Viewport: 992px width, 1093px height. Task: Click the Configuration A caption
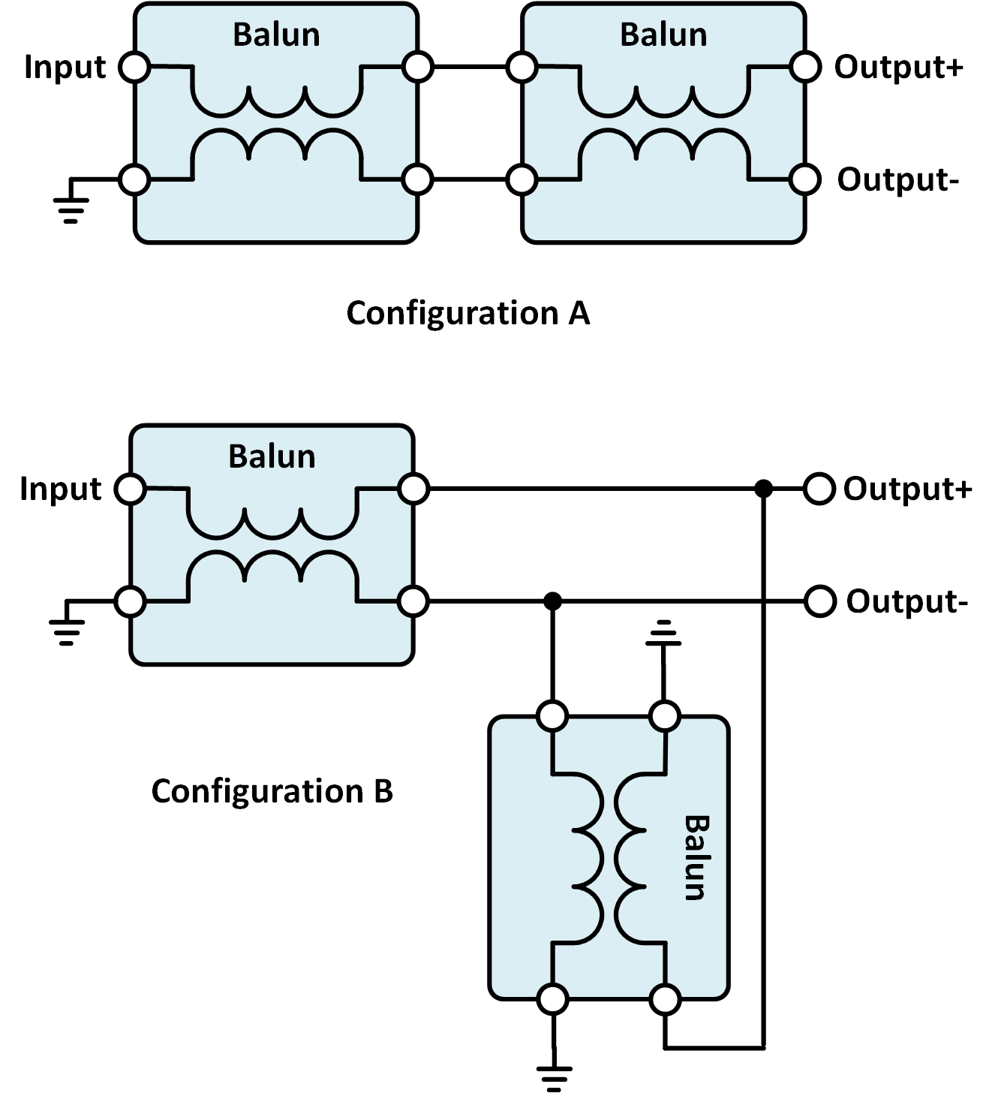[x=468, y=313]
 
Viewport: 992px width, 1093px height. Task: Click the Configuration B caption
[x=272, y=791]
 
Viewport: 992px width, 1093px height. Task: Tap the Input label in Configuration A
[x=65, y=67]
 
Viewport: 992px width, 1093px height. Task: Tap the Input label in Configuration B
[x=60, y=489]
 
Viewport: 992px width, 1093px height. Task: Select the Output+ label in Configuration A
[x=898, y=67]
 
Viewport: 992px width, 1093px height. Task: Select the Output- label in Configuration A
[x=897, y=180]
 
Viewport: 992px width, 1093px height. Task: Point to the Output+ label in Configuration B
[x=907, y=489]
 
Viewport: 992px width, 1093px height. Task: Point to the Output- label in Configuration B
[x=906, y=602]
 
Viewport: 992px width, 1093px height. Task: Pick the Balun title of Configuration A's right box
[x=663, y=35]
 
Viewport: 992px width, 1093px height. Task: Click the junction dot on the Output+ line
[x=763, y=489]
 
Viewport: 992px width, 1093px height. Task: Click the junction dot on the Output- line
[x=552, y=601]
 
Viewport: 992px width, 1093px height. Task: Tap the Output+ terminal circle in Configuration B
[x=819, y=489]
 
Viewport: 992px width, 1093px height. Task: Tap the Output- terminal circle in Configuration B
[x=820, y=601]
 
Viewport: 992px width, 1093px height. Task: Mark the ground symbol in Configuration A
[x=71, y=203]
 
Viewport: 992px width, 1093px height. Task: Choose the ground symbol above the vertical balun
[x=663, y=633]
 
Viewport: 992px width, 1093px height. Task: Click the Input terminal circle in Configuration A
[x=135, y=67]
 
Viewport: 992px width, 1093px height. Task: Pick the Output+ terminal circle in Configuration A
[x=805, y=67]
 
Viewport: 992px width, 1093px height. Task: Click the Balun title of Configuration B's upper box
[x=272, y=456]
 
